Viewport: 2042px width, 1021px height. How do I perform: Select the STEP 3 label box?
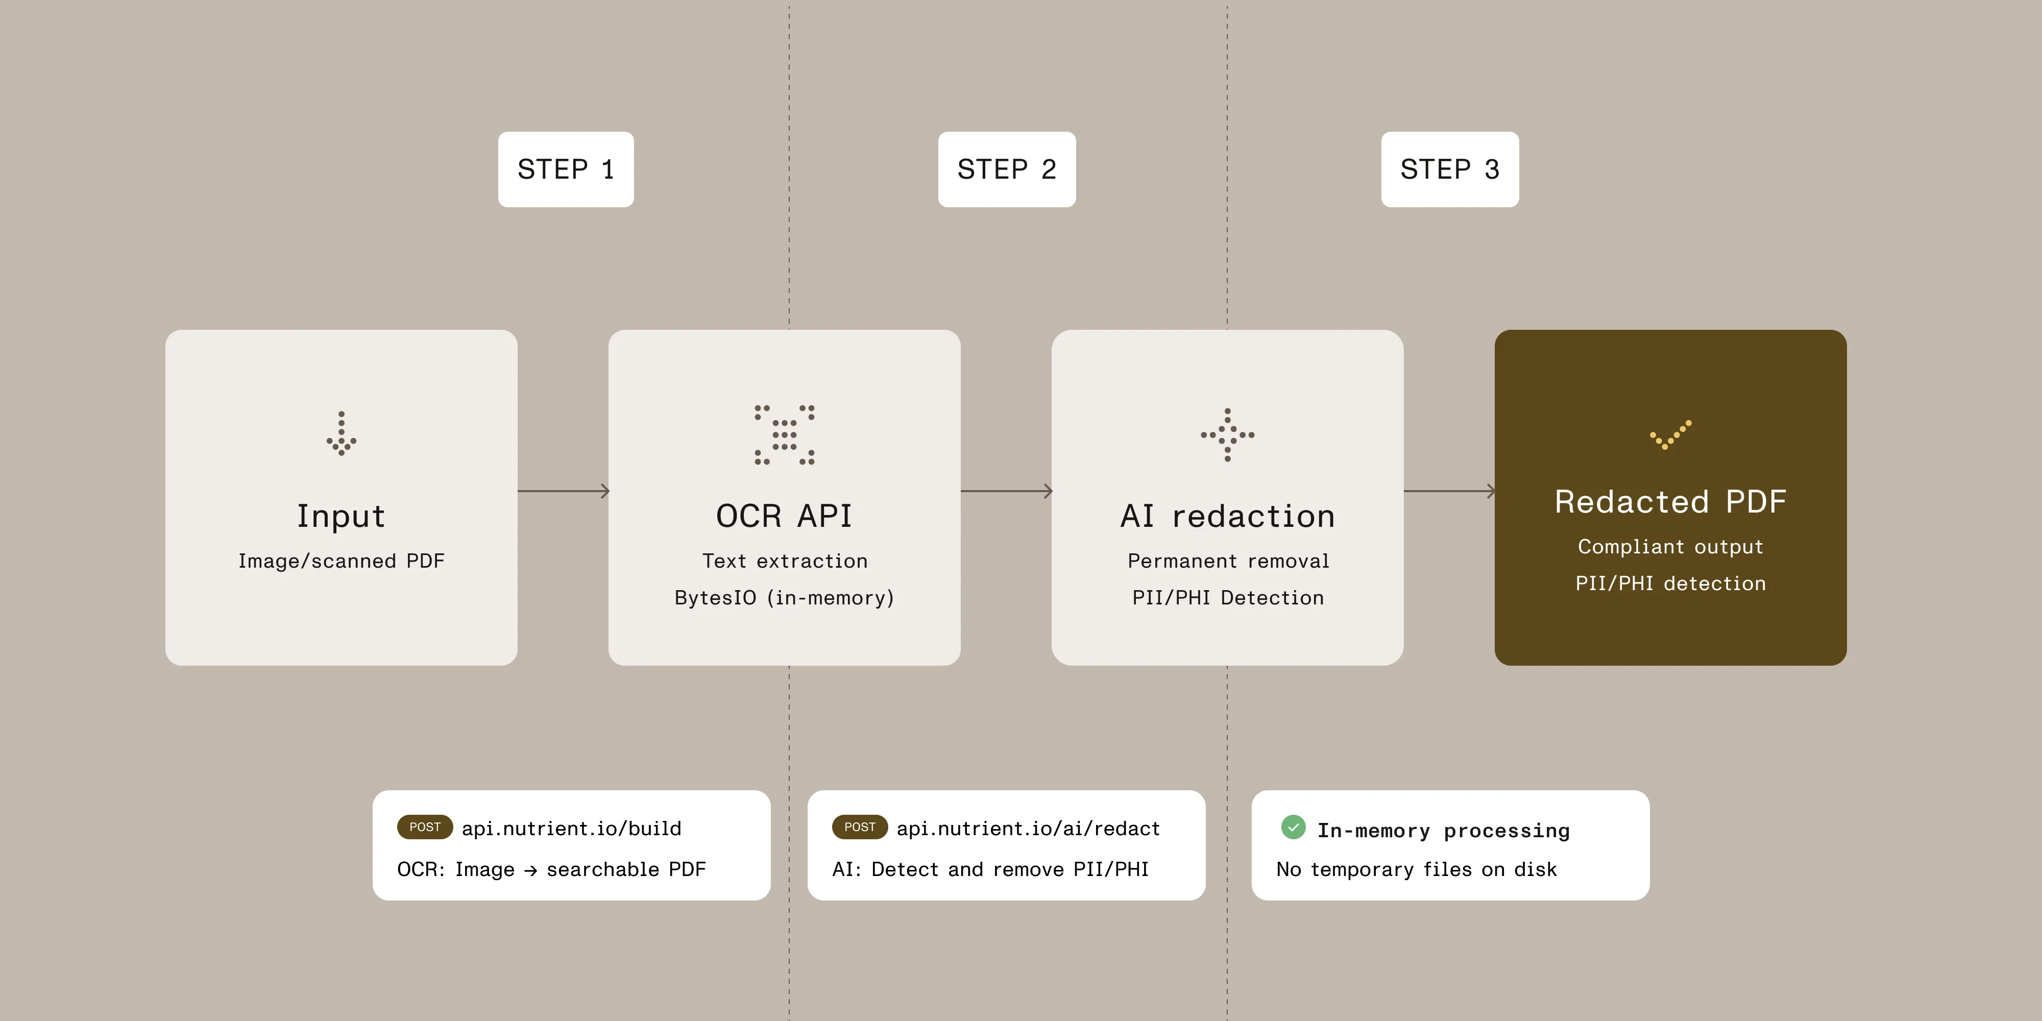(1449, 169)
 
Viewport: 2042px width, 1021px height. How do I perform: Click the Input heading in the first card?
(341, 516)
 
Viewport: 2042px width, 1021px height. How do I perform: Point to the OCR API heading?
(784, 516)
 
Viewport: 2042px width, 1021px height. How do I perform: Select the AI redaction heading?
(1227, 516)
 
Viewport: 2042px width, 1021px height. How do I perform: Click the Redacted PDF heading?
(1670, 502)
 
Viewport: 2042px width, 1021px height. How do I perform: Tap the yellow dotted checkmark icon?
(1670, 434)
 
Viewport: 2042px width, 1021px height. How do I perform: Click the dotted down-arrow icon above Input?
(341, 433)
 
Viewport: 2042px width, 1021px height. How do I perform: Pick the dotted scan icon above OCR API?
(784, 434)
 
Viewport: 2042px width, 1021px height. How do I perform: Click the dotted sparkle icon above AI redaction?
(1227, 434)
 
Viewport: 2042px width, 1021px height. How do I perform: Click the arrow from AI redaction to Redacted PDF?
(1449, 492)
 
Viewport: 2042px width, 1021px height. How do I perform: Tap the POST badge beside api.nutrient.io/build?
(425, 827)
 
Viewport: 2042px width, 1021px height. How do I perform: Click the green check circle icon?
(1293, 827)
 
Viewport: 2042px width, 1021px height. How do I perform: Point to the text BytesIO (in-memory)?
(784, 598)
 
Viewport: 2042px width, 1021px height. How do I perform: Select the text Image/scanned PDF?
(341, 561)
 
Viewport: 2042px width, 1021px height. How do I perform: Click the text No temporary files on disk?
(1416, 869)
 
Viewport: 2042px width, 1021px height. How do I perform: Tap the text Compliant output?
(1670, 547)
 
